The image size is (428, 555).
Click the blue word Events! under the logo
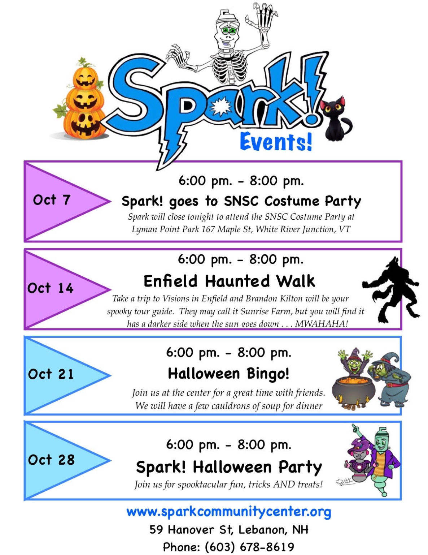[276, 142]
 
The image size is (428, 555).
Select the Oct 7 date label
[52, 200]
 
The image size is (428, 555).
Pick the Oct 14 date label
[51, 288]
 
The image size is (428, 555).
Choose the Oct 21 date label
[51, 374]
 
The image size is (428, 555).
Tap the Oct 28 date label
[51, 460]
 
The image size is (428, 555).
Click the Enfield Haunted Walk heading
[229, 281]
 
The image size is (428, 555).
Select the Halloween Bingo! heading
[228, 374]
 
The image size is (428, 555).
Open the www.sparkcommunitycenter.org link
[228, 512]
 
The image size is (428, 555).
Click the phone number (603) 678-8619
[249, 547]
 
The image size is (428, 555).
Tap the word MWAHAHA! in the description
[321, 324]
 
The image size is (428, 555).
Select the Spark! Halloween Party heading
[228, 467]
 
